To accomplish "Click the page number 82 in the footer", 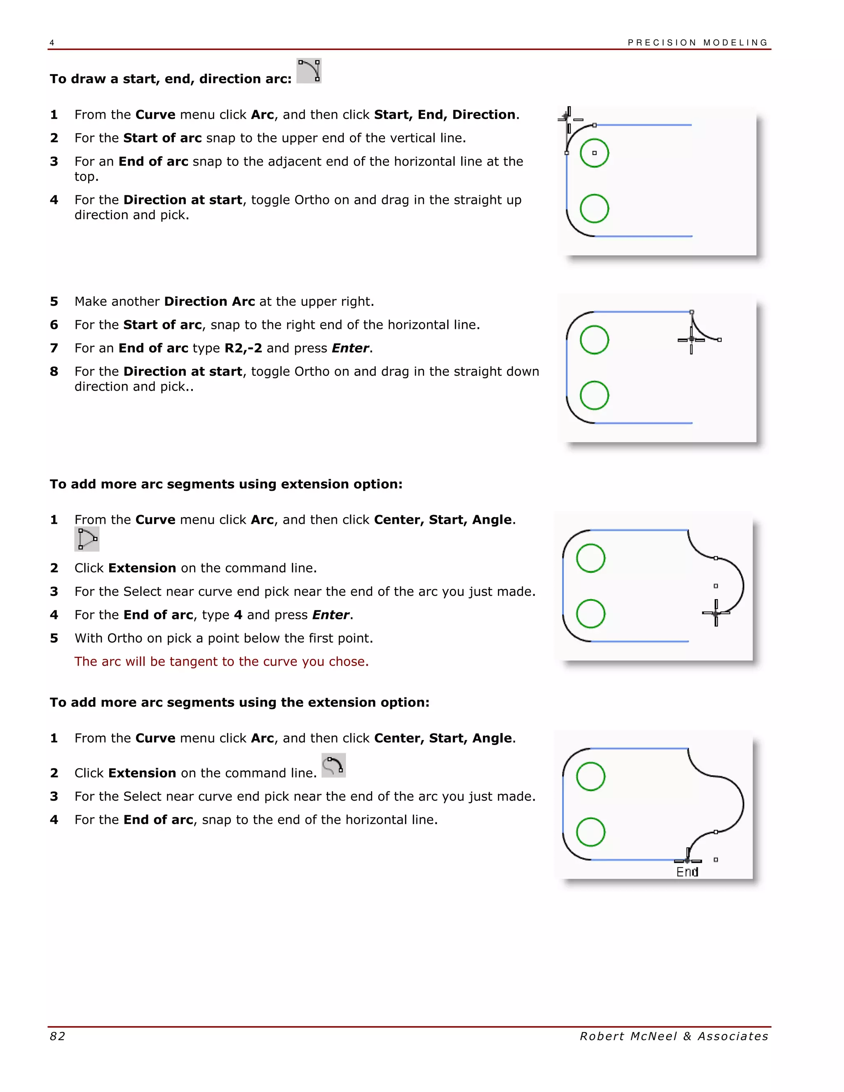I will (x=58, y=1036).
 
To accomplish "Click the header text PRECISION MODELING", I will (x=698, y=42).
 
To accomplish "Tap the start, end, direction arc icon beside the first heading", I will (x=309, y=70).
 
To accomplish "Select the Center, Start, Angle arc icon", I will (x=87, y=539).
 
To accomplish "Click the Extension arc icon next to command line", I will (x=333, y=766).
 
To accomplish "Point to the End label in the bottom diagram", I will (x=687, y=872).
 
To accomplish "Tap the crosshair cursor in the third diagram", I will (x=716, y=613).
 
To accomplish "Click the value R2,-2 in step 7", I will (x=243, y=348).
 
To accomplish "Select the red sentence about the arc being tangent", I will (x=221, y=661).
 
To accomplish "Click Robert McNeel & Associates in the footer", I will (x=674, y=1036).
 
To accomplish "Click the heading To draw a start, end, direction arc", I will (x=171, y=79).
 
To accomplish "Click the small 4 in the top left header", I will (x=52, y=43).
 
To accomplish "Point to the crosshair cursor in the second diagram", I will (x=691, y=340).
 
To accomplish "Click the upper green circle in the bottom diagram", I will (x=591, y=776).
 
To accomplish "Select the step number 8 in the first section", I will (x=54, y=372).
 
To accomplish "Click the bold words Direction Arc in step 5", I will (x=209, y=302).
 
